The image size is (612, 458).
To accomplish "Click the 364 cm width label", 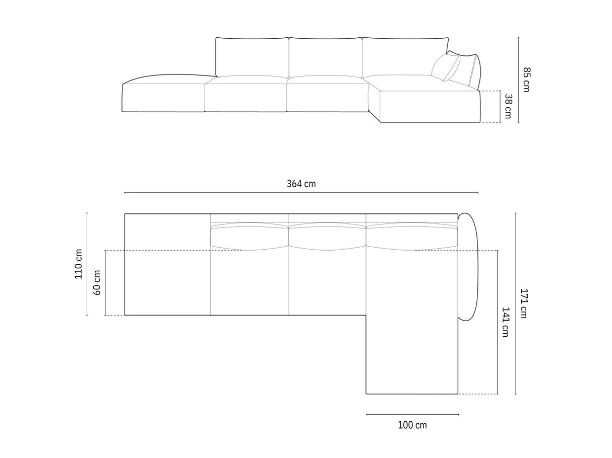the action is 301,184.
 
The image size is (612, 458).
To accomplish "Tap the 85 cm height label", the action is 527,80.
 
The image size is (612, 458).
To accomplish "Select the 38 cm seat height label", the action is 508,106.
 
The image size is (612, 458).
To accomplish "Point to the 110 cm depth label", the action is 79,264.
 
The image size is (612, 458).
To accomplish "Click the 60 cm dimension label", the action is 96,282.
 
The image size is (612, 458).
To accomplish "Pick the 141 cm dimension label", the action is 505,322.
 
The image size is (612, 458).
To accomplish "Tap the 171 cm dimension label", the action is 524,303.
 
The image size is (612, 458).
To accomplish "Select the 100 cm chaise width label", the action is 412,425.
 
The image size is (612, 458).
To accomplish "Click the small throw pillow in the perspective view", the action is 445,67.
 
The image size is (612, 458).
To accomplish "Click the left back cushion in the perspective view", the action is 253,57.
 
